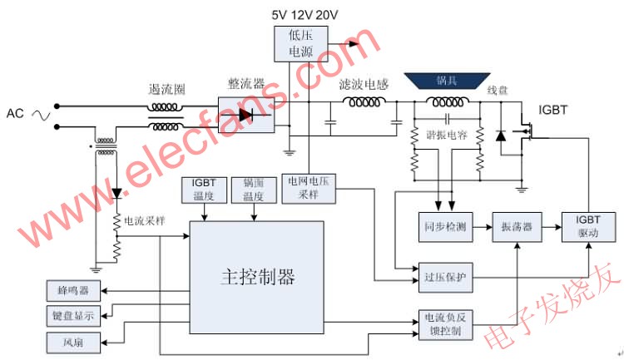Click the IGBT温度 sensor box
coord(202,190)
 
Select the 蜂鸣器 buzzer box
coord(72,291)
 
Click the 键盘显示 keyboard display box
coord(72,316)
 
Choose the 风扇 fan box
coord(72,341)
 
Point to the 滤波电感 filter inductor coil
coord(364,103)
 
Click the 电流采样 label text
coord(144,222)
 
